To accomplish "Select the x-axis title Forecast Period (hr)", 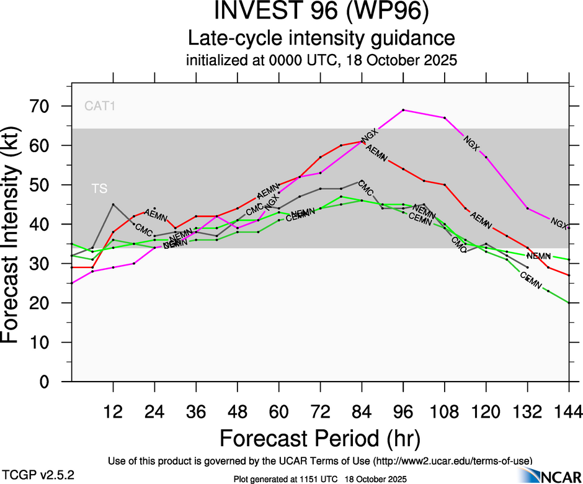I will point(320,439).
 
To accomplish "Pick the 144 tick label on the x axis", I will point(568,411).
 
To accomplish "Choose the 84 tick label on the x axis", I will point(362,411).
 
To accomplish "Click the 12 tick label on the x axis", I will point(113,411).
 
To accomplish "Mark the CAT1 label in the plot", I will point(100,106).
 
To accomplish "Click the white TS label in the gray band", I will point(99,189).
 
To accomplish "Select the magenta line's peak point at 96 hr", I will point(403,110).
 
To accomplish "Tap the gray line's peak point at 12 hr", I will point(113,204).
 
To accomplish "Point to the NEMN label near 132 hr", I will point(538,256).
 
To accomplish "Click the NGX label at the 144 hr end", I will point(559,223).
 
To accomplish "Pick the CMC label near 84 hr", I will point(366,189).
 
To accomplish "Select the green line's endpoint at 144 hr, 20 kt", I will point(569,303).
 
